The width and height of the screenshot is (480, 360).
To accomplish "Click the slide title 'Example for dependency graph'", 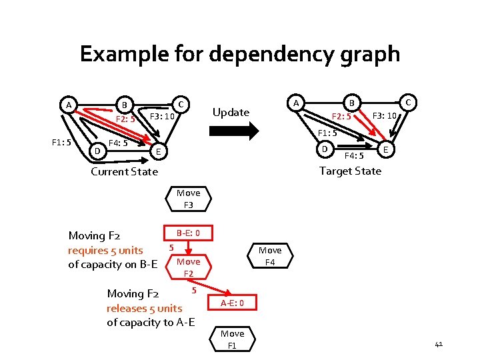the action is coord(240,53).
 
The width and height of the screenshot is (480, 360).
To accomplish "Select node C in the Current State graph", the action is coord(181,104).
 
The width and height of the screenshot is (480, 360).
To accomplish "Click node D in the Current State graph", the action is coord(97,151).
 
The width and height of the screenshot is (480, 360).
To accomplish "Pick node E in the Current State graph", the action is coord(157,152).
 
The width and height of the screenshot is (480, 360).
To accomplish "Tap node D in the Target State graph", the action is coord(325,148).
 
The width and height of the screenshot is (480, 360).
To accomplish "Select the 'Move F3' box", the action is coord(188,199).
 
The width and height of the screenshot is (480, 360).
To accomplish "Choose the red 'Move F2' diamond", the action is coord(188,267).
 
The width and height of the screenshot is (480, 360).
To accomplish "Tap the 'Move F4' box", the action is coord(269,256).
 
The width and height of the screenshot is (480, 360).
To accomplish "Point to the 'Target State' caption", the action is coord(350,171).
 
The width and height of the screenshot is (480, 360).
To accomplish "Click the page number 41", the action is coord(438,344).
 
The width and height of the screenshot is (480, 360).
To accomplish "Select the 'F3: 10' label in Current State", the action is coord(161,117).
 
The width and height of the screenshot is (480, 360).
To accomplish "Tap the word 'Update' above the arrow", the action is coord(230,112).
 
